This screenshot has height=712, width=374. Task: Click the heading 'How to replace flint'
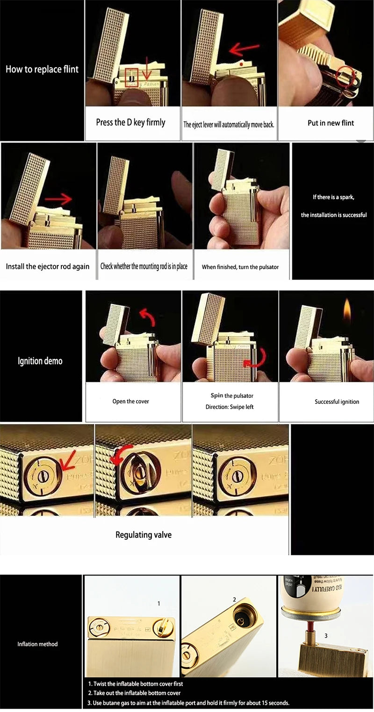pos(42,69)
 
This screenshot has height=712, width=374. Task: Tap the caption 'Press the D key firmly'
pos(130,122)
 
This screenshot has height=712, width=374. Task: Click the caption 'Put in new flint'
pos(331,123)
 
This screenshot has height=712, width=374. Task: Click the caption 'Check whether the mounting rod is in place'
pos(144,266)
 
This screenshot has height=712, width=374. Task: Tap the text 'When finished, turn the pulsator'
pos(240,267)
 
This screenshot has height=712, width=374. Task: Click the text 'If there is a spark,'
pos(333,197)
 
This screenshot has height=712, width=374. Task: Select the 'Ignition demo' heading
pos(40,361)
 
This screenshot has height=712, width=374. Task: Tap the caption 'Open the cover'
pos(130,401)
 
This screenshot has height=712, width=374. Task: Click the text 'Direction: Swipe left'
pos(230,407)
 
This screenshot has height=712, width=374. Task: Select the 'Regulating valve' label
pos(144,534)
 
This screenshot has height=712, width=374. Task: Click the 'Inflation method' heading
pos(37,644)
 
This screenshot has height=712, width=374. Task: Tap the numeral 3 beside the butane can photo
pos(326,635)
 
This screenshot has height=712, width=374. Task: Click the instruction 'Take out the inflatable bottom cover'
pos(134,693)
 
